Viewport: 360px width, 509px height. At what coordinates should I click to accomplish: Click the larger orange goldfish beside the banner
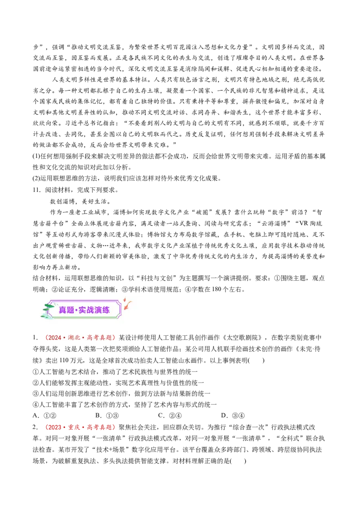click(x=128, y=305)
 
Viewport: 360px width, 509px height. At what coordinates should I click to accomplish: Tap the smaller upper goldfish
click(x=125, y=299)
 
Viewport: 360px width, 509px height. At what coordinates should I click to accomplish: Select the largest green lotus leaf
click(x=49, y=306)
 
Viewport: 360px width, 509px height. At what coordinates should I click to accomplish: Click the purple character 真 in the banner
click(x=63, y=310)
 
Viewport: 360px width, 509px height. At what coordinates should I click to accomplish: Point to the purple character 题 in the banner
click(x=71, y=310)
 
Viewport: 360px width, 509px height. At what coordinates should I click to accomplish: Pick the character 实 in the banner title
click(x=83, y=310)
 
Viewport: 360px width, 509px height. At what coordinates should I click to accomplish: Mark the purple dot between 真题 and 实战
click(x=76, y=310)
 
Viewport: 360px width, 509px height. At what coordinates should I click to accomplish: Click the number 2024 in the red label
click(x=54, y=338)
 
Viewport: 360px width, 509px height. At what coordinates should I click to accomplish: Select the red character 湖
click(x=71, y=338)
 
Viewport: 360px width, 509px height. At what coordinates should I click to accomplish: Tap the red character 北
click(x=78, y=338)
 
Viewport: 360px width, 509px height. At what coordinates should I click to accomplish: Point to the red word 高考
click(x=94, y=338)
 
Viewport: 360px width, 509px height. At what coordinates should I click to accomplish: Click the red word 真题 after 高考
click(x=106, y=338)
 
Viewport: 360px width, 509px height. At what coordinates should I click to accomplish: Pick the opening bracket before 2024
click(x=46, y=338)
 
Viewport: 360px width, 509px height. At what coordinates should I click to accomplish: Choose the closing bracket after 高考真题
click(x=113, y=338)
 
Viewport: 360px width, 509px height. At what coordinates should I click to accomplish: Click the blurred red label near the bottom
click(x=80, y=427)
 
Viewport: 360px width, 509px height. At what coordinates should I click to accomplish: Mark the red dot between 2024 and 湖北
click(x=64, y=338)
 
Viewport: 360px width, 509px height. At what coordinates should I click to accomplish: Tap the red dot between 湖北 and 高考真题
click(x=84, y=338)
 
